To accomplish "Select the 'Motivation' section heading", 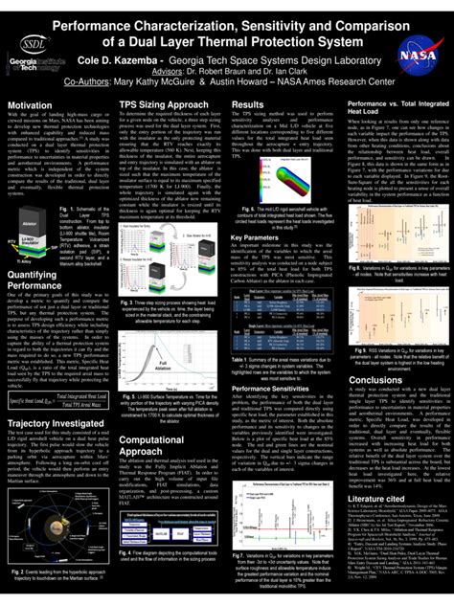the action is [30, 104].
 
